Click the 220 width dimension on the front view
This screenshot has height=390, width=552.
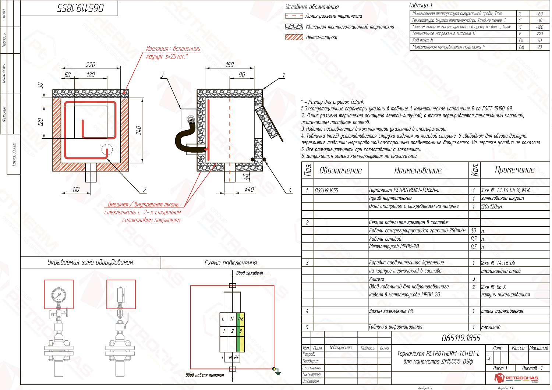pyautogui.click(x=91, y=65)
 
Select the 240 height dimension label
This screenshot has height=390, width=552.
pyautogui.click(x=138, y=130)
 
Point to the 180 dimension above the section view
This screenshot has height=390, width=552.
pyautogui.click(x=230, y=65)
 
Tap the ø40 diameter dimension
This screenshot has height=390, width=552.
pyautogui.click(x=249, y=189)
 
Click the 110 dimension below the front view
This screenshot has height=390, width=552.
pyautogui.click(x=75, y=189)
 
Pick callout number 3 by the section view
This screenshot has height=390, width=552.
pyautogui.click(x=162, y=75)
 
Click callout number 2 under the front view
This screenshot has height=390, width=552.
pyautogui.click(x=144, y=190)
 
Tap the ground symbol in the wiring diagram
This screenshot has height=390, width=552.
pyautogui.click(x=278, y=372)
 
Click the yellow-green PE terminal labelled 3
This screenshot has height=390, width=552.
pyautogui.click(x=240, y=331)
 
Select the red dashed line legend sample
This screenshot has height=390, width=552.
pyautogui.click(x=294, y=16)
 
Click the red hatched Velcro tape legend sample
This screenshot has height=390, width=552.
pyautogui.click(x=294, y=37)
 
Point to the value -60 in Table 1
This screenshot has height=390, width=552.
pyautogui.click(x=539, y=14)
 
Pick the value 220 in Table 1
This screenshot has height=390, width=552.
pyautogui.click(x=539, y=33)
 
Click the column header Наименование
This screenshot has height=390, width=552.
pyautogui.click(x=418, y=170)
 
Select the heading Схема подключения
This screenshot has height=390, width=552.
pyautogui.click(x=231, y=263)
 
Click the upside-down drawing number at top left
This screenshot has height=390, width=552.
pyautogui.click(x=81, y=8)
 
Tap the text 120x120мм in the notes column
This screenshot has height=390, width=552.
pyautogui.click(x=492, y=206)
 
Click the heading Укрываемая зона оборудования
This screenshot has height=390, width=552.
pyautogui.click(x=91, y=262)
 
